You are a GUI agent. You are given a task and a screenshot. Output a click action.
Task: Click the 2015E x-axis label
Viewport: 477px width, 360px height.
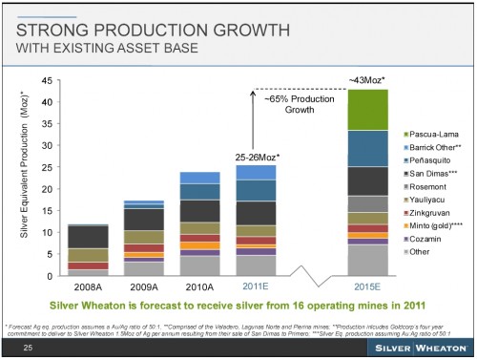click(x=367, y=285)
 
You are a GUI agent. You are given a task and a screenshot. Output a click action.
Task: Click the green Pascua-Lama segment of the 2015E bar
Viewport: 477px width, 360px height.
click(x=367, y=110)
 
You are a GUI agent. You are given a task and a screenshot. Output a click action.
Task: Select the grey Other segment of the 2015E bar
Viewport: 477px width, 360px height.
click(x=367, y=260)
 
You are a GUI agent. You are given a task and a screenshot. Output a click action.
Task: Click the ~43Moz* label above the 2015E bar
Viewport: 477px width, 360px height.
click(x=367, y=79)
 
